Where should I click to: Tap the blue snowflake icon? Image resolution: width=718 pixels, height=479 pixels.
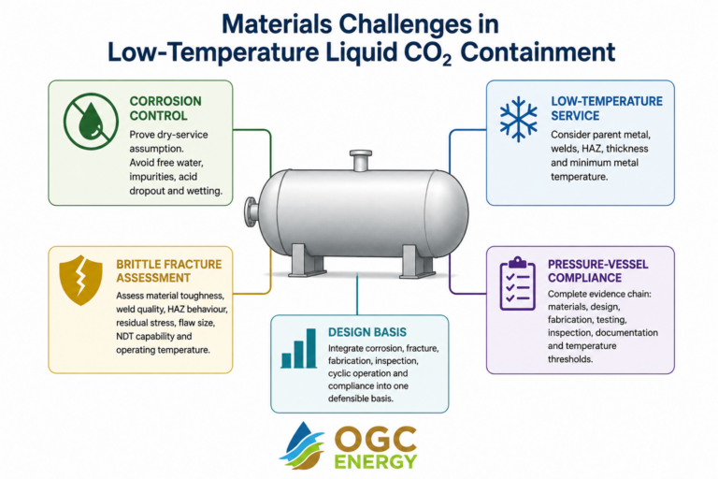click(x=518, y=119)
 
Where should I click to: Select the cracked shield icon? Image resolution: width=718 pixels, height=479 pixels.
click(x=80, y=280)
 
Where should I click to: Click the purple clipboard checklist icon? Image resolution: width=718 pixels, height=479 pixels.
click(x=517, y=283)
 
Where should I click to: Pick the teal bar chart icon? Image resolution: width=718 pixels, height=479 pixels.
click(x=299, y=348)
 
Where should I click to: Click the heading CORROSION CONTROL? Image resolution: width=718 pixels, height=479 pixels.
click(x=165, y=109)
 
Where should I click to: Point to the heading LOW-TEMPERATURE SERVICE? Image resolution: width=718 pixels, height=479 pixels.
click(x=606, y=109)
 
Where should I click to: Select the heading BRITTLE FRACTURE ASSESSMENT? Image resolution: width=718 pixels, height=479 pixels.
click(x=168, y=271)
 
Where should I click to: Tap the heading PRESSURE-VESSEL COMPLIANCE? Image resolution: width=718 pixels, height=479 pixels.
click(x=598, y=271)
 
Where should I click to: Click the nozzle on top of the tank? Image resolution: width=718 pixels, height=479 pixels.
click(x=360, y=160)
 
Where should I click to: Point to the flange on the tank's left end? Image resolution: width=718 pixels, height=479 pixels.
click(x=251, y=211)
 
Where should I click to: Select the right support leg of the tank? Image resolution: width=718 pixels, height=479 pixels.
click(x=417, y=261)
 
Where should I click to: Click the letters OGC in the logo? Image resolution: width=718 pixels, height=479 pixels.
click(x=376, y=440)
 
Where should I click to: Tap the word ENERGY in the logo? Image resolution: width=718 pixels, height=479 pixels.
click(x=376, y=461)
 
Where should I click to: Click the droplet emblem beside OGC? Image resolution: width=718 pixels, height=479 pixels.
click(x=302, y=445)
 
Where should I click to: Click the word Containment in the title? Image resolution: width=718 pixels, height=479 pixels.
click(x=538, y=51)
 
